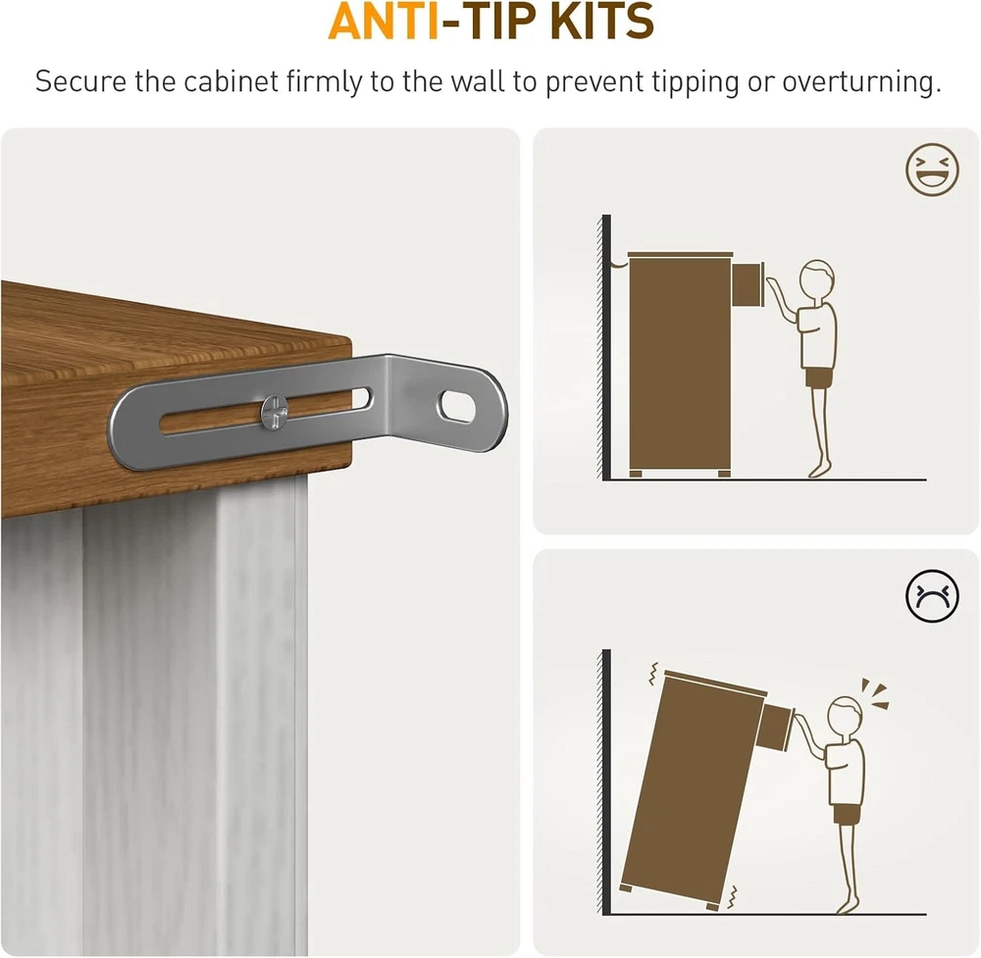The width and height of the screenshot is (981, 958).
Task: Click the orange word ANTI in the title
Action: (x=384, y=22)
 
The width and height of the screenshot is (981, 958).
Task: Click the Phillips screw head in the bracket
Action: (x=276, y=412)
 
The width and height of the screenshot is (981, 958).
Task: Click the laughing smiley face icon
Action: (x=932, y=170)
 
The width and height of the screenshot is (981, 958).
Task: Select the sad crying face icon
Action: (x=932, y=596)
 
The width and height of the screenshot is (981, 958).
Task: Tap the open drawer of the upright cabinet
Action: (x=747, y=285)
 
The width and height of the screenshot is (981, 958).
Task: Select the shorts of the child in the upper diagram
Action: (x=818, y=378)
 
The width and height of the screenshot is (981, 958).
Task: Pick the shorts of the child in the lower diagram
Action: (x=848, y=815)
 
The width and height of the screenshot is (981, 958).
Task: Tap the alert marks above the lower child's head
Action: (x=875, y=693)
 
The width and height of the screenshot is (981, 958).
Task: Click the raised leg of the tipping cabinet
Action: (x=626, y=887)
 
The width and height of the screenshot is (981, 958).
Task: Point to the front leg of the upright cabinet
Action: (x=724, y=474)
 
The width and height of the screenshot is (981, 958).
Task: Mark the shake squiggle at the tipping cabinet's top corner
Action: (x=654, y=674)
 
